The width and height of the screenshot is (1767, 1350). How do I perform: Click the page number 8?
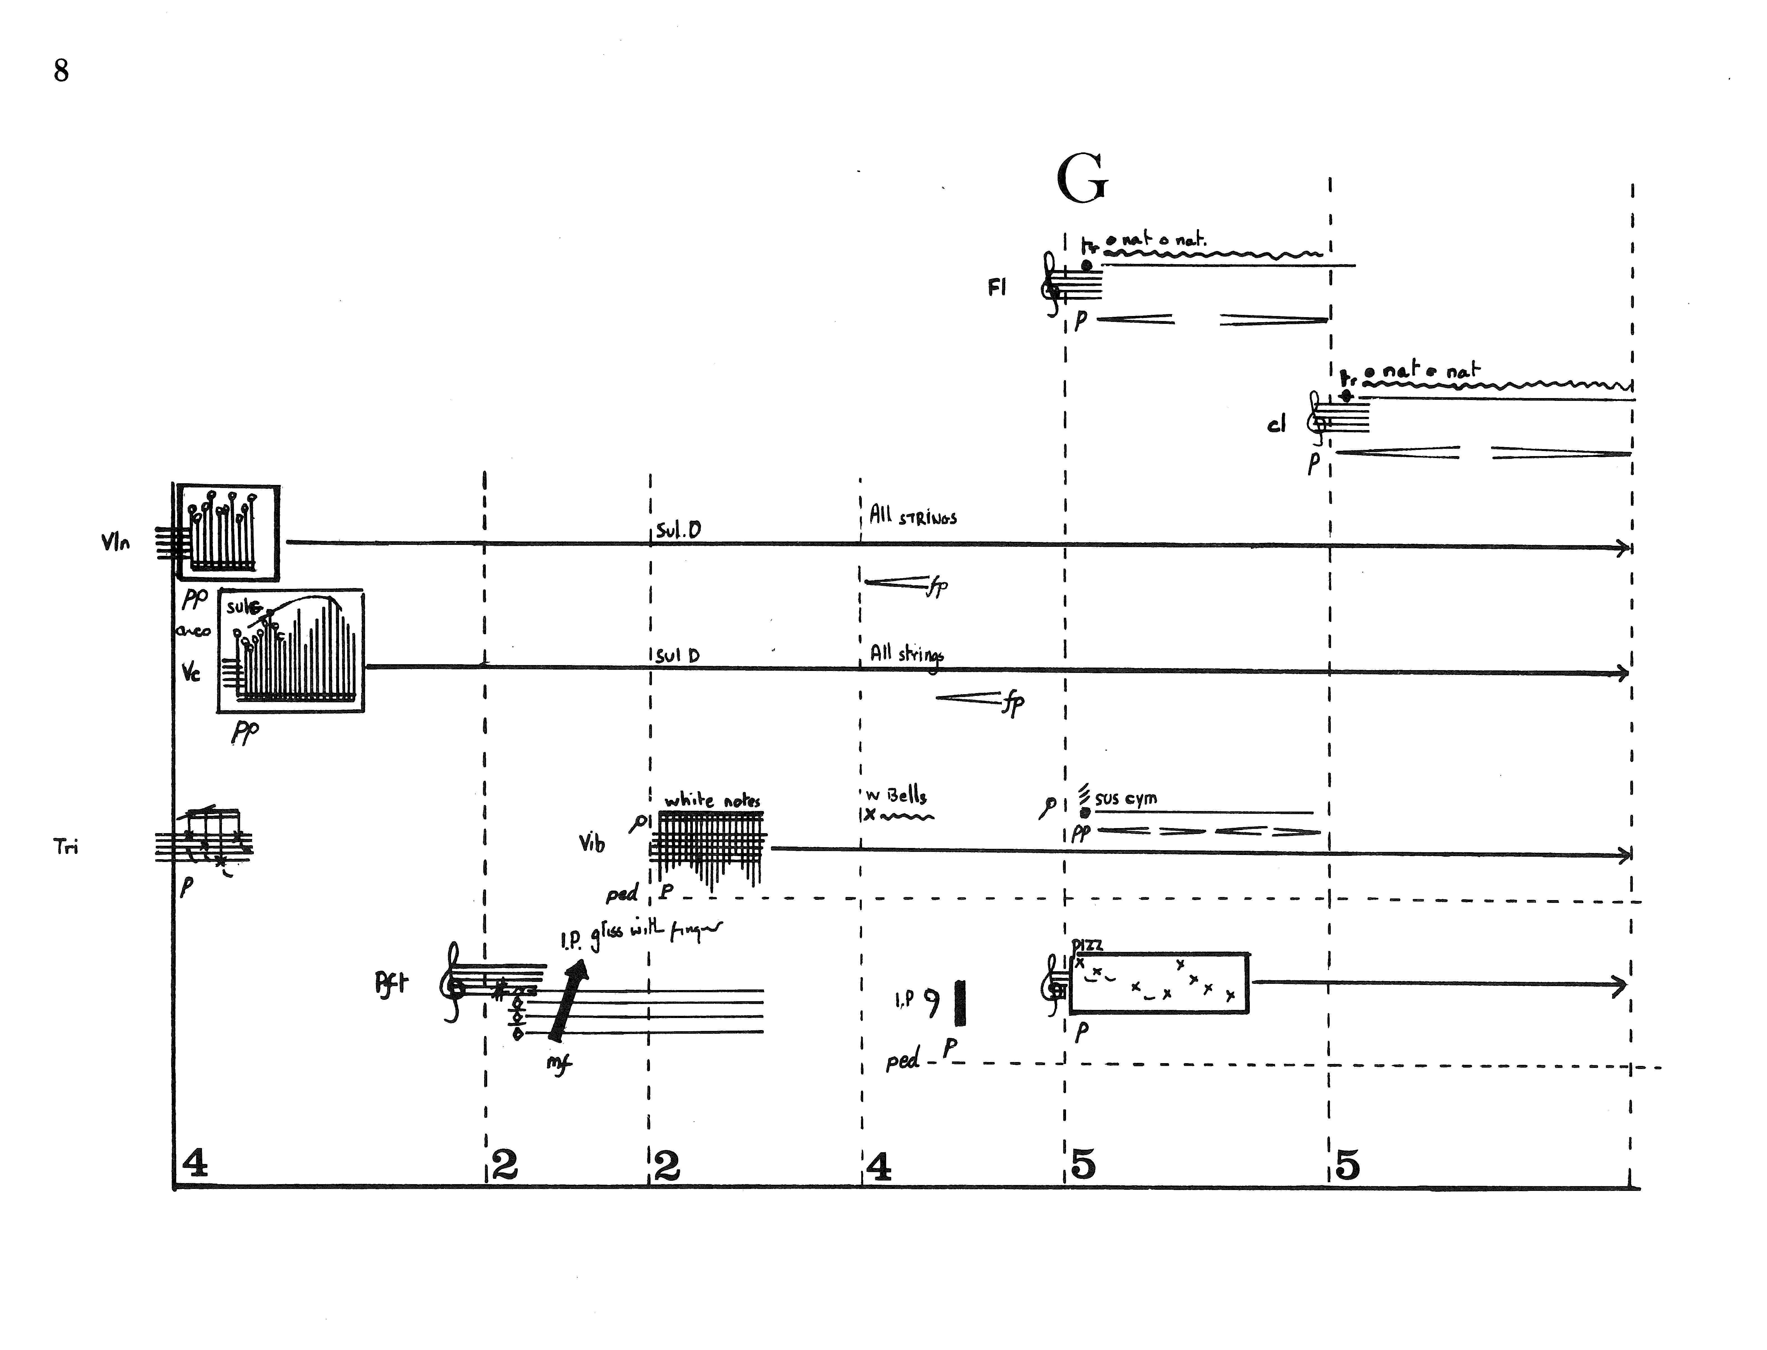pos(61,71)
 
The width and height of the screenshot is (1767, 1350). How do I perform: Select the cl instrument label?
pos(1276,424)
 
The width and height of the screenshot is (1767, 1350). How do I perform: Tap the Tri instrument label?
pos(66,846)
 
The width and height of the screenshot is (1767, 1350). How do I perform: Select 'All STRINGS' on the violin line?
pos(913,517)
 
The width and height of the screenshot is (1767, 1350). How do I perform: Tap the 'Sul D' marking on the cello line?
pos(677,656)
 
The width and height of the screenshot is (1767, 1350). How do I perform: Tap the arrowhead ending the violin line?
pos(1623,548)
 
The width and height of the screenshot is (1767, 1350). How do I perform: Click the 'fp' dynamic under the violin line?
pos(937,587)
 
